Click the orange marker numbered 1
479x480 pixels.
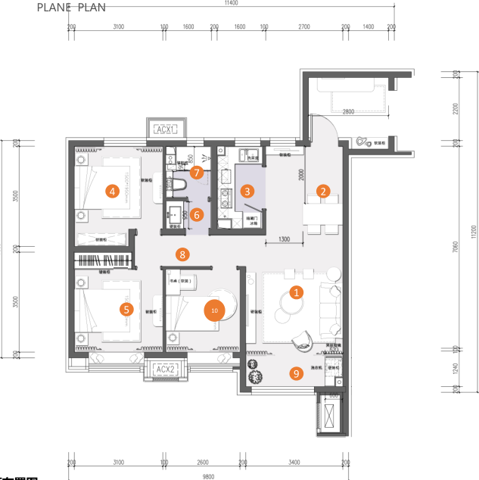tap(297, 291)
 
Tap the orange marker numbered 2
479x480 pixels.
tap(323, 192)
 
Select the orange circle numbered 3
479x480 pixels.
tap(247, 192)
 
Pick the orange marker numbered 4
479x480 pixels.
tap(112, 192)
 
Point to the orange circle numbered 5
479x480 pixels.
tap(127, 309)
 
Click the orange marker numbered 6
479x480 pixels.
tap(197, 215)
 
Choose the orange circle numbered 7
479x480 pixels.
tap(197, 173)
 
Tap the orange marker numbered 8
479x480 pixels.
tap(181, 254)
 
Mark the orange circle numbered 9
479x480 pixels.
tap(297, 372)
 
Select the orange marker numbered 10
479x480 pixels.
tap(215, 310)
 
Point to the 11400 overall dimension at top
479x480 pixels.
tap(232, 4)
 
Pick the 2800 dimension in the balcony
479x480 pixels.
tap(347, 112)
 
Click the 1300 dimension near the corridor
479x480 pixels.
tap(285, 239)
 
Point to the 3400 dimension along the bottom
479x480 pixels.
tap(294, 462)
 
